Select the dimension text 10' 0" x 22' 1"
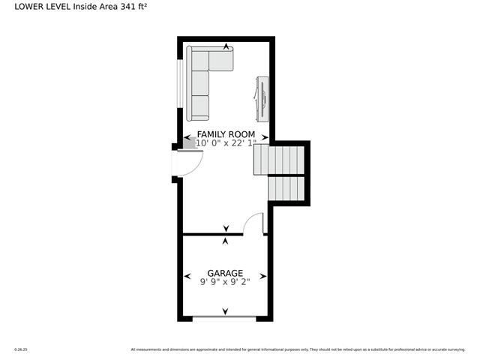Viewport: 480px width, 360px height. [x=226, y=142]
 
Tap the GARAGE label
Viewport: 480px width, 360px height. [x=225, y=273]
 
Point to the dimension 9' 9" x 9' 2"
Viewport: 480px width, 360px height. [x=225, y=282]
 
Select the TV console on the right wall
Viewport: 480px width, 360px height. [x=261, y=97]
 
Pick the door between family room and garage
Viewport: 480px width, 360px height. [x=255, y=224]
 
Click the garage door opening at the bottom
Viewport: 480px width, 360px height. [x=225, y=318]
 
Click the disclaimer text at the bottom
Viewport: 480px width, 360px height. [x=301, y=349]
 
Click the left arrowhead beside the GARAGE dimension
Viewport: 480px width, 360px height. [x=187, y=277]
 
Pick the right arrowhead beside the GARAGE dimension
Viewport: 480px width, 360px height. [x=263, y=277]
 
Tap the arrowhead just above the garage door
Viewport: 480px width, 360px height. [x=225, y=311]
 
